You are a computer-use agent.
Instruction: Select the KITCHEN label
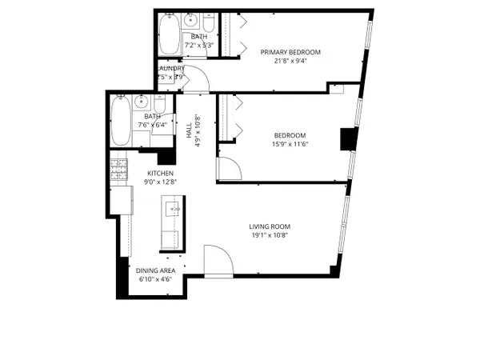(x=161, y=173)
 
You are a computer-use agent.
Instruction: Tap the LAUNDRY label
(x=171, y=69)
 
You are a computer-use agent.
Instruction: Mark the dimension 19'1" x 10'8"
(x=271, y=236)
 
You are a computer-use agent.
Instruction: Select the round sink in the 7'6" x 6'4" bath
(x=142, y=101)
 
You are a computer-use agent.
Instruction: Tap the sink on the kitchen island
(x=172, y=210)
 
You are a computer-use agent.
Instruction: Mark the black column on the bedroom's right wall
(x=347, y=139)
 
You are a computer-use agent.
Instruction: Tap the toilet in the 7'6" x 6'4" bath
(x=158, y=104)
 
